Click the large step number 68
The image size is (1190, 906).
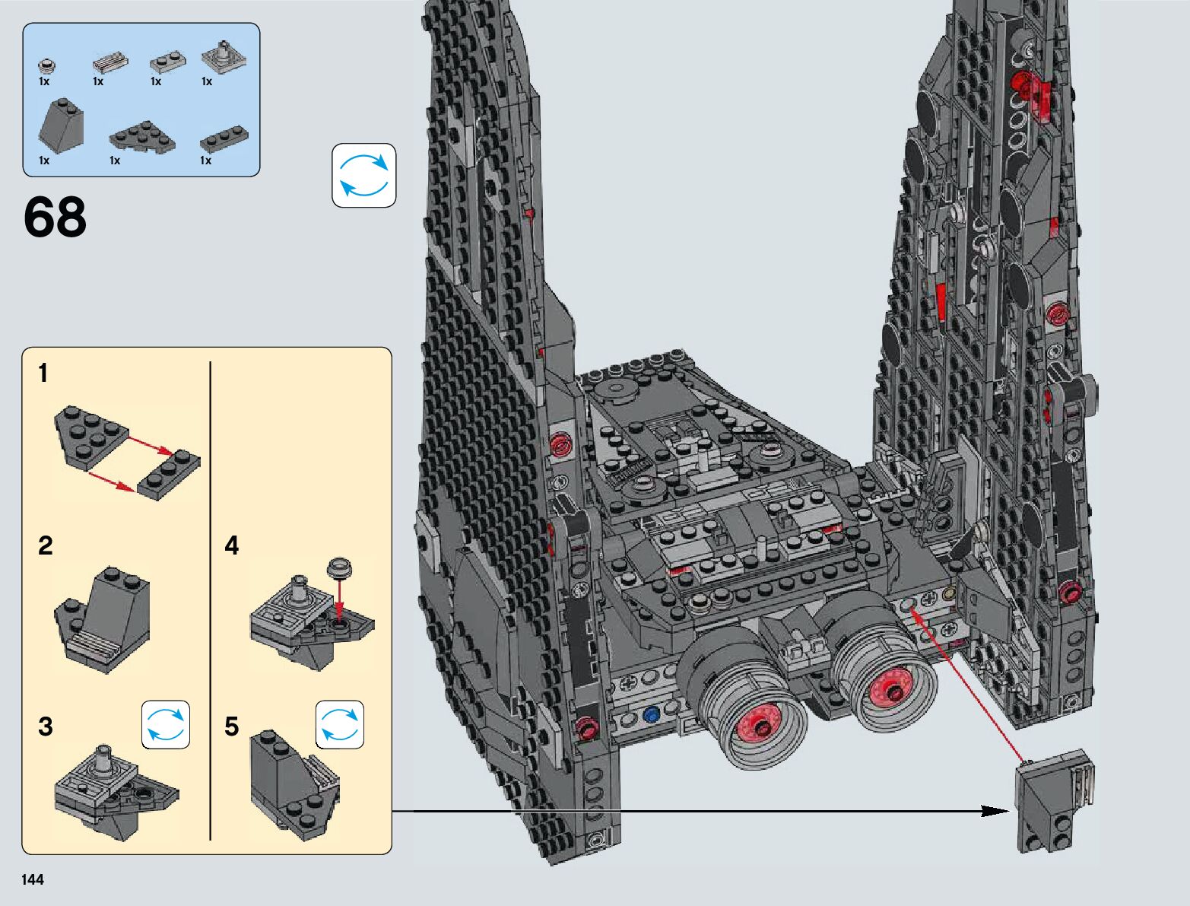point(55,218)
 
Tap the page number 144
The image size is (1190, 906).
point(33,879)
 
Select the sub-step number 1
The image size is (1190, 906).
point(43,373)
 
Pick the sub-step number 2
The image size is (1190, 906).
point(46,545)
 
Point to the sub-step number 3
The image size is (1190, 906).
point(46,726)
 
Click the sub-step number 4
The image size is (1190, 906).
point(231,545)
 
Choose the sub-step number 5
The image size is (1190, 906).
point(231,726)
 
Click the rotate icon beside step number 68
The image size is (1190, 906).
point(363,175)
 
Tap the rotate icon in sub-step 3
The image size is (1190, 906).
point(166,724)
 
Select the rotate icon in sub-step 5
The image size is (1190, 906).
point(340,724)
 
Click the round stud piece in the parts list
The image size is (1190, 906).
point(47,65)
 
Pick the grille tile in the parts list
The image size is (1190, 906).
point(110,62)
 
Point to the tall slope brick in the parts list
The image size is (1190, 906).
point(62,126)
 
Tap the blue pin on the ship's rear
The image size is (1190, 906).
point(651,715)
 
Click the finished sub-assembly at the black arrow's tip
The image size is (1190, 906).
point(1055,801)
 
